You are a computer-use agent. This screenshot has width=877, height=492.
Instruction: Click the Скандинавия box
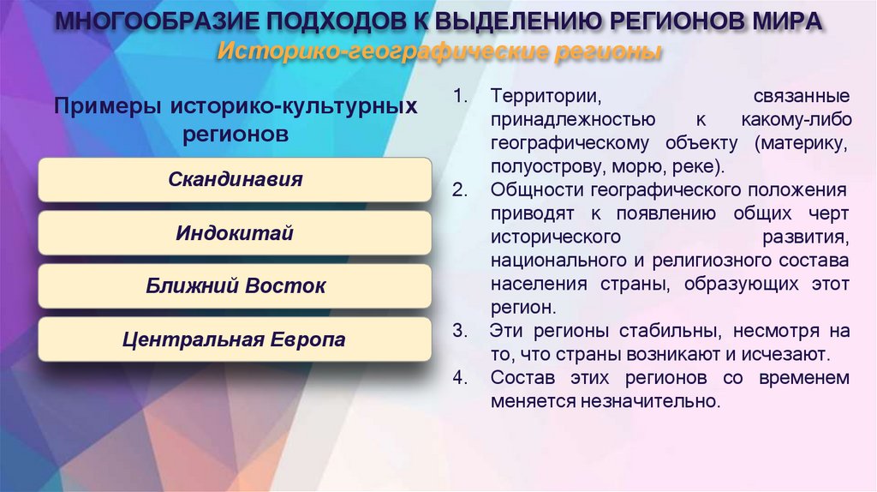click(x=235, y=180)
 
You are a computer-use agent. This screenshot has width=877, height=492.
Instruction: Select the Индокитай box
click(x=235, y=233)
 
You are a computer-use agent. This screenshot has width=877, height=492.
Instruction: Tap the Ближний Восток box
click(x=235, y=286)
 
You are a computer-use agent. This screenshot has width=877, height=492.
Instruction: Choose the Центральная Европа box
click(x=235, y=339)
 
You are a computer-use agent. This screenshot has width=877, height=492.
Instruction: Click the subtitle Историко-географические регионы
click(x=438, y=52)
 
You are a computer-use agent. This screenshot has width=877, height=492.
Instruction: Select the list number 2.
click(x=460, y=189)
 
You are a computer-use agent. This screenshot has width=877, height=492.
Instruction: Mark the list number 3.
click(x=460, y=330)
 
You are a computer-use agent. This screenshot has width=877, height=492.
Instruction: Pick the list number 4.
click(x=460, y=377)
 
